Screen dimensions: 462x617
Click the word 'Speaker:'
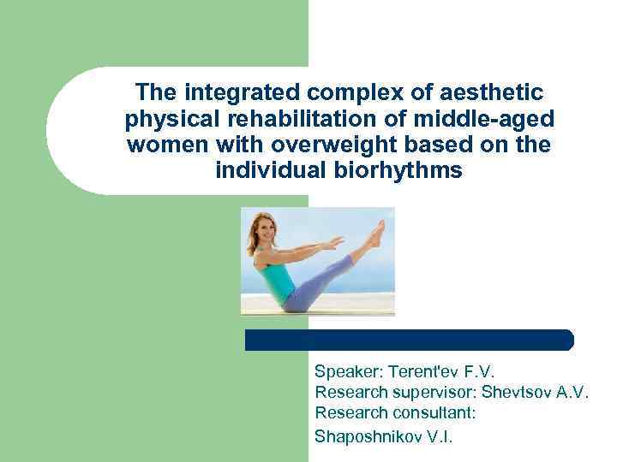pyautogui.click(x=349, y=372)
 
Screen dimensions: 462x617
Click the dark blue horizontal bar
pyautogui.click(x=409, y=340)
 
